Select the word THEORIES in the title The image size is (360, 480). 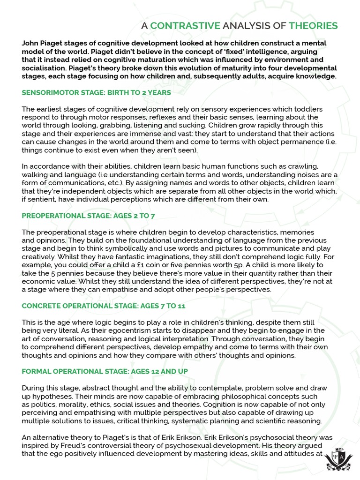click(314, 25)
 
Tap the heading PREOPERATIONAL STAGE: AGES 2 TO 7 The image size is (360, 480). click(89, 216)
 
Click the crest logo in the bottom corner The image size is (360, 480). click(336, 459)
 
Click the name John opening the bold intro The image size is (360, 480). click(30, 43)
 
